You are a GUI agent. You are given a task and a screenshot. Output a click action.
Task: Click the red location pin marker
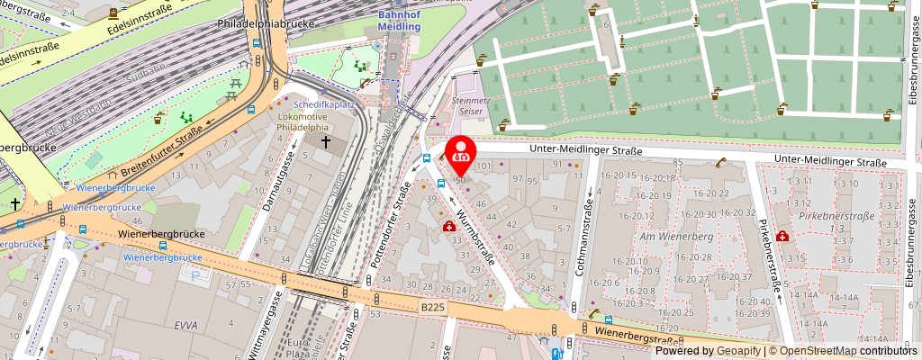tap(461, 153)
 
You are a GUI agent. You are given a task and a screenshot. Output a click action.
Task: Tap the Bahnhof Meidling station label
tap(398, 18)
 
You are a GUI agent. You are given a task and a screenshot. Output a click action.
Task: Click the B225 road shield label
tap(432, 308)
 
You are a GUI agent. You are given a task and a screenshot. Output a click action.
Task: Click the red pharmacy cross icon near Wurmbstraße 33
tap(448, 228)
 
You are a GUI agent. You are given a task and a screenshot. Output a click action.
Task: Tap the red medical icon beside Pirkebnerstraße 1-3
tap(782, 236)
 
